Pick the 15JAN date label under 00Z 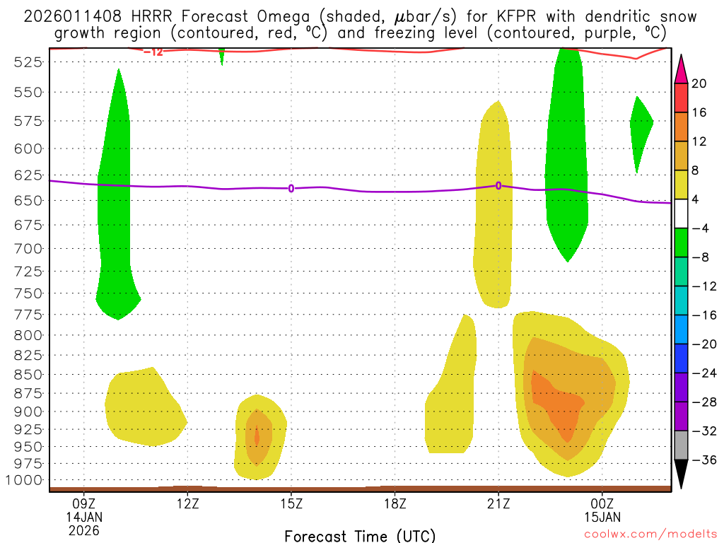tap(602, 517)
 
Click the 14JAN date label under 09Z tap(83, 517)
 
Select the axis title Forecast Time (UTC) tap(360, 535)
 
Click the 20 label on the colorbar tap(699, 83)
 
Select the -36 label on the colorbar tap(702, 460)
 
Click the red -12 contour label tap(153, 52)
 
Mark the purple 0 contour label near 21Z tap(498, 185)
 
